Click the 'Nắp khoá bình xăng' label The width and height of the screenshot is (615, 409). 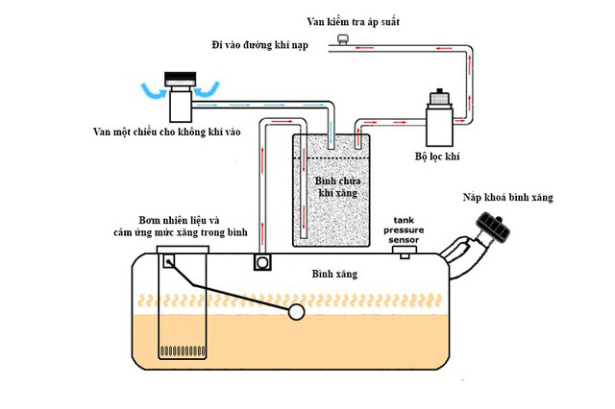click(508, 198)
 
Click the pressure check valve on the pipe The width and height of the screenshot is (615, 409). click(341, 39)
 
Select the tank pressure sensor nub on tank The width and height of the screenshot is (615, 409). click(407, 252)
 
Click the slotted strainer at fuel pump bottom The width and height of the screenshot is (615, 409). click(182, 351)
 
